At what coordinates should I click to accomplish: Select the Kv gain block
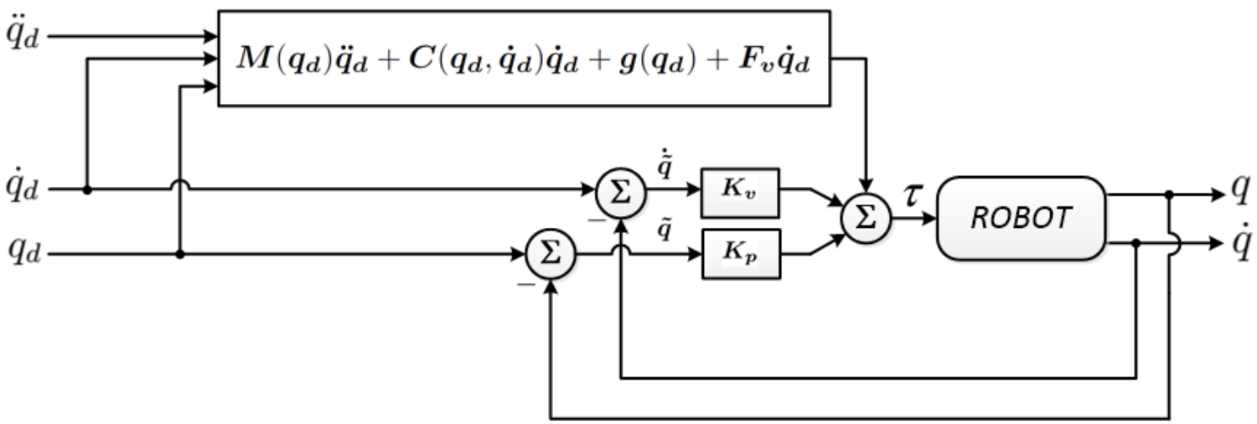(740, 190)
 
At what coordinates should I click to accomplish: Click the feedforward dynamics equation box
(524, 58)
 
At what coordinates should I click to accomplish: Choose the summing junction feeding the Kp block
(551, 253)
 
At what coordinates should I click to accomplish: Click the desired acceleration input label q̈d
(23, 36)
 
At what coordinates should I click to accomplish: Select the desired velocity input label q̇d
(23, 189)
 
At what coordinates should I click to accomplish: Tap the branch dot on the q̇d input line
(87, 190)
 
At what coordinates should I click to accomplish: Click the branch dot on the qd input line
(180, 253)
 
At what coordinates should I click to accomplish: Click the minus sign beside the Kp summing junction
(526, 283)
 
